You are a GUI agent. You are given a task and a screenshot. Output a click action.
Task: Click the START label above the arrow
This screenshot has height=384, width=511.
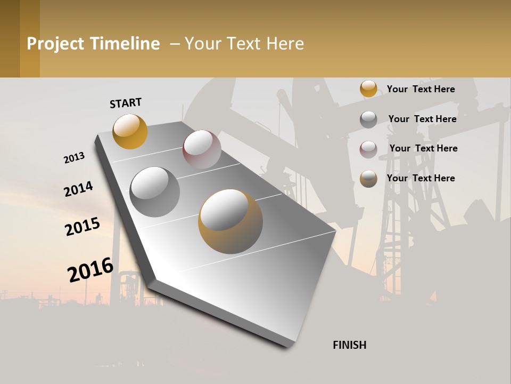[x=126, y=103]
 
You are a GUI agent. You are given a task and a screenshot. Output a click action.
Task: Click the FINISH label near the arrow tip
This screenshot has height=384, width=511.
[x=350, y=345]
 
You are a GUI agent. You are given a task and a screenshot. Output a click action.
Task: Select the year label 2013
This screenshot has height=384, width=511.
[x=74, y=158]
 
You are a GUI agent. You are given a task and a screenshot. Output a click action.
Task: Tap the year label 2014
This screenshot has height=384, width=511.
[x=78, y=189]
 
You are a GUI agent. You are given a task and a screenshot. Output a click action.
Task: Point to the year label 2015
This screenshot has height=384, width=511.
[x=83, y=227]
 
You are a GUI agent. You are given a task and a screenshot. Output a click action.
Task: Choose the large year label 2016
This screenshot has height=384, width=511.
[x=90, y=269]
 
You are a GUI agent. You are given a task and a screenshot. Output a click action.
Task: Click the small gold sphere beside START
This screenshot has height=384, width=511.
[x=130, y=131]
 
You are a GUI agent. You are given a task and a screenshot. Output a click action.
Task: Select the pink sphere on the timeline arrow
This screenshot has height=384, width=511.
[x=202, y=149]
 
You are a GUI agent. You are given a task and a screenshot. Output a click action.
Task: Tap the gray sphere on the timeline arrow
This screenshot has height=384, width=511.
[x=155, y=192]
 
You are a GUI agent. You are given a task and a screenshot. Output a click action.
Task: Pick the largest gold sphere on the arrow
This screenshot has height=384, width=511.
[x=230, y=221]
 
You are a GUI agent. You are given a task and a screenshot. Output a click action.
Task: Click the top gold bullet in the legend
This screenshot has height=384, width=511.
[x=368, y=89]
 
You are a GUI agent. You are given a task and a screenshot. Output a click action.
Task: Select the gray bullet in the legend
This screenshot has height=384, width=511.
[x=368, y=119]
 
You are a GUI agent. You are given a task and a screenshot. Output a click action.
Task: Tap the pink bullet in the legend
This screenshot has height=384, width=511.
[x=368, y=149]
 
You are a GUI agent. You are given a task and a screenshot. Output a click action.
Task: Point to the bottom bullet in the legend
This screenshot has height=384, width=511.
[x=368, y=179]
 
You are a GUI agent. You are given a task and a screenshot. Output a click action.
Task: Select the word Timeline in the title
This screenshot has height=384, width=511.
[x=125, y=44]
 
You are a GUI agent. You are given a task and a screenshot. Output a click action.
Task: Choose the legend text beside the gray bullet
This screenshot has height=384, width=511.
[x=422, y=119]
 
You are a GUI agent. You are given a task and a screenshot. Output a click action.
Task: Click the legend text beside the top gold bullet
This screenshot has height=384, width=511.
[x=421, y=89]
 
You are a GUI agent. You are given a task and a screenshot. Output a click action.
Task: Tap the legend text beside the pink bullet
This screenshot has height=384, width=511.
[x=423, y=148]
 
